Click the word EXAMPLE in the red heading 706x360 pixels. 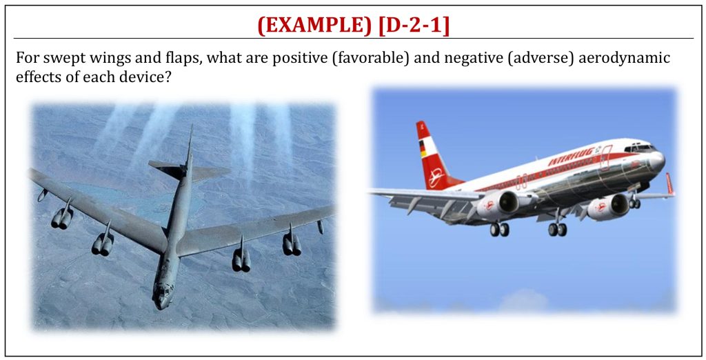pos(314,26)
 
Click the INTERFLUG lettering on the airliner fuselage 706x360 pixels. pos(572,155)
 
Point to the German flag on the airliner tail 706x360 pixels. pos(423,148)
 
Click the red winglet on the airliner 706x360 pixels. pos(670,184)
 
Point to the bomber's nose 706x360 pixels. pos(161,297)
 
